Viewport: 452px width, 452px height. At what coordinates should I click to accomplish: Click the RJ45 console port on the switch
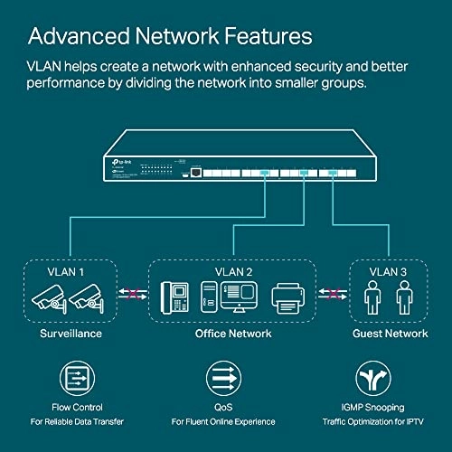tap(195, 168)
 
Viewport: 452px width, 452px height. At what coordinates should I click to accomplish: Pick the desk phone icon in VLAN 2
tap(175, 298)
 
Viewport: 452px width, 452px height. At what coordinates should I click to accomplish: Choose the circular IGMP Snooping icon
tap(378, 378)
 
